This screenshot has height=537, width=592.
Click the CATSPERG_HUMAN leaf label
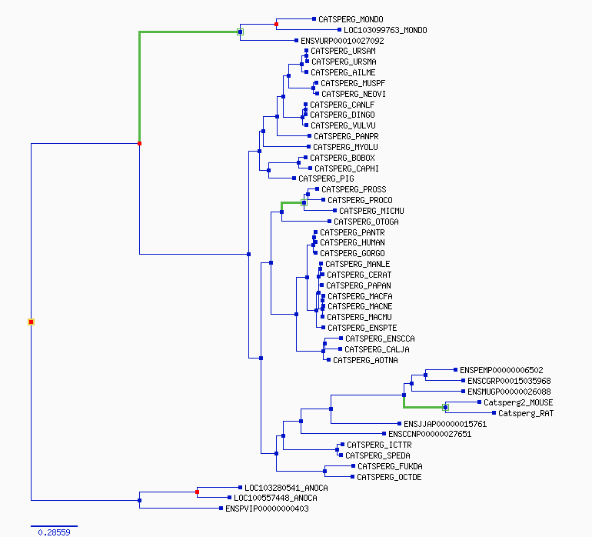(x=352, y=242)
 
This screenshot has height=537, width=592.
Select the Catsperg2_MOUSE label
(x=518, y=402)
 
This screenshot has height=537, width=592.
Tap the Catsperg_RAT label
(x=526, y=413)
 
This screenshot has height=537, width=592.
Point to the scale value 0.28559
(x=54, y=532)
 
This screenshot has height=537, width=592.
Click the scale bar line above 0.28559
(x=54, y=526)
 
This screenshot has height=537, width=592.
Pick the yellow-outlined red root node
(x=31, y=322)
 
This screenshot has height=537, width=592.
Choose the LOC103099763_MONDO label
(x=385, y=30)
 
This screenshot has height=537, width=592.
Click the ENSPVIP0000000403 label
(x=267, y=509)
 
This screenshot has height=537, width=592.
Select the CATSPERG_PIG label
(x=326, y=178)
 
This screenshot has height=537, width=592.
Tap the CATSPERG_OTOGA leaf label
(x=366, y=222)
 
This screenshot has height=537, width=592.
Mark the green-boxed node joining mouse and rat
(x=445, y=408)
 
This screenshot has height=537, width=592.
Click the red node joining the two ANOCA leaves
(x=197, y=492)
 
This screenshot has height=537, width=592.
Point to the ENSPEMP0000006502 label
(x=501, y=370)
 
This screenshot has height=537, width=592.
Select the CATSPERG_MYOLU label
(x=345, y=147)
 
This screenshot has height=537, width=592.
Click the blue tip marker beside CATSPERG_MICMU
(x=335, y=211)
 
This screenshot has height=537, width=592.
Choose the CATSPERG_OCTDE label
(x=389, y=477)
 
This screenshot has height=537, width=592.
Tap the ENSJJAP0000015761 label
(x=445, y=424)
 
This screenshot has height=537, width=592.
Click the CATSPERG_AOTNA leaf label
(x=365, y=361)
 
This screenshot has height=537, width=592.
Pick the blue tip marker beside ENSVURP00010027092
(x=296, y=41)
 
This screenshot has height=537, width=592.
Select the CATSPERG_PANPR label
(x=346, y=136)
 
